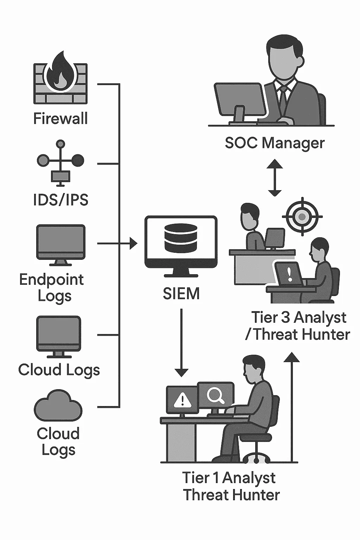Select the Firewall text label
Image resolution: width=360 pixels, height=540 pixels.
(x=60, y=118)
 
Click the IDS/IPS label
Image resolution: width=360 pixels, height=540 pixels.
(x=60, y=200)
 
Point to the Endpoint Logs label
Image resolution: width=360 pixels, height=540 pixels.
(x=52, y=288)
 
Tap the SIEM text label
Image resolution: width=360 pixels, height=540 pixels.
(x=181, y=294)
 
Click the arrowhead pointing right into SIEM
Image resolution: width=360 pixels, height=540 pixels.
(x=133, y=243)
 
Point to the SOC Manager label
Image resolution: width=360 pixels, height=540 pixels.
(x=275, y=143)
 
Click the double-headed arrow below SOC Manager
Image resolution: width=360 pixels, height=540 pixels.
(x=275, y=178)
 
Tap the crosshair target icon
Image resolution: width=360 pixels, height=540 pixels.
(x=302, y=217)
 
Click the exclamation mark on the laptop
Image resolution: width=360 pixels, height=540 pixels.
(x=290, y=274)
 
